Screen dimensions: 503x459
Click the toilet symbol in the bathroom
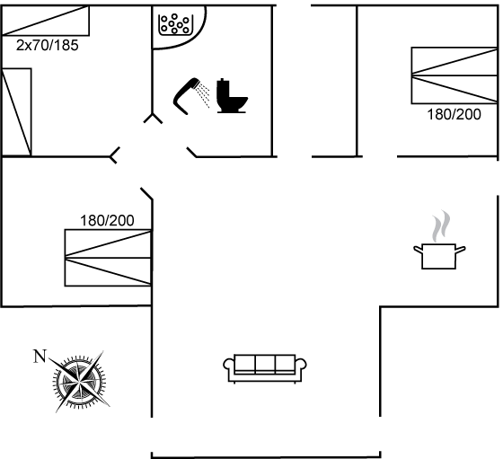(231, 95)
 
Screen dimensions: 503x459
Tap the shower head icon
(184, 94)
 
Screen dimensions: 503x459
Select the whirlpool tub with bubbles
(175, 24)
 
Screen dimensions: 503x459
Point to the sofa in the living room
(265, 369)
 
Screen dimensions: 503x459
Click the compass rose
(80, 382)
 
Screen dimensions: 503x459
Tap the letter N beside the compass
(40, 357)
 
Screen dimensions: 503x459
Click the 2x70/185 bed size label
(47, 46)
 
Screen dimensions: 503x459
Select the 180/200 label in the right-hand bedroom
(454, 114)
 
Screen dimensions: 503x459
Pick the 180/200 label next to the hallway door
(107, 221)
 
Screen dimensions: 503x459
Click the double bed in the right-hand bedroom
(454, 75)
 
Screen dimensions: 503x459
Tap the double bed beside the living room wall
(108, 258)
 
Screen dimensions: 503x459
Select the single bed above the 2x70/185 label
(46, 21)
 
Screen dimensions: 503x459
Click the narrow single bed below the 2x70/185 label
(17, 112)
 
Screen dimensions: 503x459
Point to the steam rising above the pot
(441, 226)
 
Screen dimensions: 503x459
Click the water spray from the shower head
(203, 94)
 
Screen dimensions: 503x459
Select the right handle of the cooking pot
(461, 249)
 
